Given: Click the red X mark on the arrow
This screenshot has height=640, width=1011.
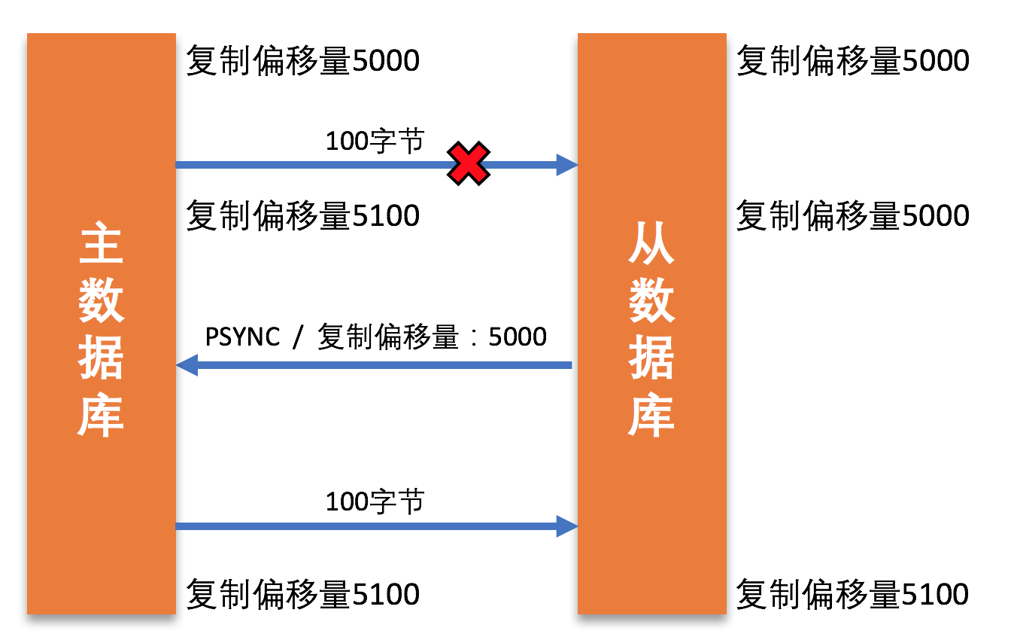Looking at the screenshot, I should click(468, 164).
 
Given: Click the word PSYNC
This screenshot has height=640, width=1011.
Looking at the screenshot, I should click(242, 337).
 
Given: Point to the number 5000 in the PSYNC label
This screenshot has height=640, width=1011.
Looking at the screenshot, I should click(518, 337).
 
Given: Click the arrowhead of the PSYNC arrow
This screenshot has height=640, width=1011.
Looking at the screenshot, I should click(186, 366).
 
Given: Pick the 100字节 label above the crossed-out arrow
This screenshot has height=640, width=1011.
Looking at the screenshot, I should click(375, 141).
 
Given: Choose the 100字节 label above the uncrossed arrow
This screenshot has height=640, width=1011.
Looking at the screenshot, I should click(375, 501).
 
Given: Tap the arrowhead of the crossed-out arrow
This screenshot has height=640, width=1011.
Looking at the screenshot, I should click(566, 164).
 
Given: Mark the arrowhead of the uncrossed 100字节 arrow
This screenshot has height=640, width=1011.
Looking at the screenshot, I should click(566, 525).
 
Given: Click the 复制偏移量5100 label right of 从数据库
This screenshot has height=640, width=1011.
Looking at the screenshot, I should click(852, 594).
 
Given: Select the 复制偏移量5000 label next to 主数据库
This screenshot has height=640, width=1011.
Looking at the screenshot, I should click(302, 60).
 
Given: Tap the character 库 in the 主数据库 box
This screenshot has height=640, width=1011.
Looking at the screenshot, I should click(101, 415).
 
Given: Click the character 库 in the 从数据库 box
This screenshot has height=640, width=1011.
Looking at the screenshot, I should click(651, 415).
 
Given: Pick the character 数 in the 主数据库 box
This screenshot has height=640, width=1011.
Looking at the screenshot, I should click(101, 300).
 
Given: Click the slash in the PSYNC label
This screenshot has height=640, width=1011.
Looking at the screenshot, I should click(298, 337).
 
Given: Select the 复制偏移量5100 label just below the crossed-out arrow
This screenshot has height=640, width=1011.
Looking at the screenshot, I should click(302, 216).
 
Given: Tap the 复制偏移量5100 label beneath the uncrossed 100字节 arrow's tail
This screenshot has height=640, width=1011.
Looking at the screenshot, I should click(302, 594).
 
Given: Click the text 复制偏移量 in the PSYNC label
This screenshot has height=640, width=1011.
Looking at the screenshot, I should click(388, 337).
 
